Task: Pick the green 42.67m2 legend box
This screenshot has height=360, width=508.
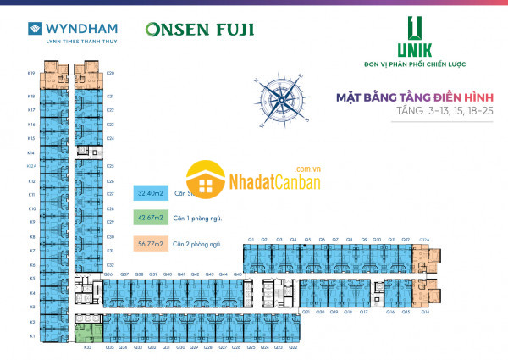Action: pos(148,218)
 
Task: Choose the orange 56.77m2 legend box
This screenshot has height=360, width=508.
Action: pos(148,244)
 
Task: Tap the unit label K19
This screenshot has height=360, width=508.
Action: pos(30,74)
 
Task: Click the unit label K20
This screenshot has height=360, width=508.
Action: pos(111,74)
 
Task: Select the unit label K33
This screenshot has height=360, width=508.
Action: pos(87,347)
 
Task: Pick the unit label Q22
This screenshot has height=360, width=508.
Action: pos(293,347)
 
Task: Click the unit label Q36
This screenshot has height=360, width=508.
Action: pos(109,274)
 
